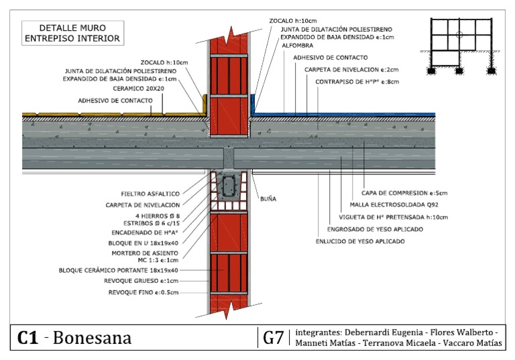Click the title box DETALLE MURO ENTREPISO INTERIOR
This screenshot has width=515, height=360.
tap(72, 34)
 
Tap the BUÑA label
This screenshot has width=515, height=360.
tap(268, 199)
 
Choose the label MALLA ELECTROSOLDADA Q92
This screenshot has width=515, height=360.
tap(398, 205)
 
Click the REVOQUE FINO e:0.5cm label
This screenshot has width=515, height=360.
tap(148, 293)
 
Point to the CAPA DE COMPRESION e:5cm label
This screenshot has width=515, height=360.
tap(404, 193)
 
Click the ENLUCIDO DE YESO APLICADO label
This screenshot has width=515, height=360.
tap(360, 240)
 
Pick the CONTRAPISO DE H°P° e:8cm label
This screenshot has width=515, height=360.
tap(357, 82)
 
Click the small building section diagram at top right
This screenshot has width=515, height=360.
tap(458, 45)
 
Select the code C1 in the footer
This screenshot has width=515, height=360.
tap(27, 339)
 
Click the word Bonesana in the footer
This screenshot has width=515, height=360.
tap(93, 339)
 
